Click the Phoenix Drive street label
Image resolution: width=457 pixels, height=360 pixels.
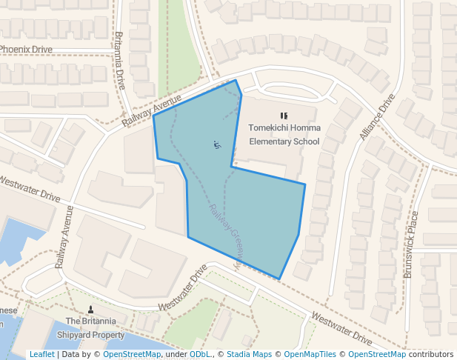pyautogui.click(x=26, y=49)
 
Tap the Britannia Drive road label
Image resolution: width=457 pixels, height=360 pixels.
pyautogui.click(x=121, y=60)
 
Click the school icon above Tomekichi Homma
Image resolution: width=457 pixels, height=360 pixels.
pyautogui.click(x=284, y=116)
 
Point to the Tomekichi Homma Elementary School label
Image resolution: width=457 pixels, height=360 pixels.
pyautogui.click(x=284, y=134)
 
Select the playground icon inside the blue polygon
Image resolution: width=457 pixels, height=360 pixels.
pyautogui.click(x=216, y=144)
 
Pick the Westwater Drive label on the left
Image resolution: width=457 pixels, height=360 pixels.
pyautogui.click(x=30, y=188)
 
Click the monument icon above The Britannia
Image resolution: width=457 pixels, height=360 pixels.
pyautogui.click(x=91, y=308)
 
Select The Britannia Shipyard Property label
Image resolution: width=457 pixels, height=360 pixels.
pyautogui.click(x=90, y=327)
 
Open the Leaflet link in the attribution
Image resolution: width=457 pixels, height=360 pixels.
pyautogui.click(x=41, y=354)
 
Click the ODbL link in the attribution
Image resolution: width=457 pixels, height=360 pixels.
pyautogui.click(x=199, y=354)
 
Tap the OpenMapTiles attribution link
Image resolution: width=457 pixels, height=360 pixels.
pyautogui.click(x=307, y=354)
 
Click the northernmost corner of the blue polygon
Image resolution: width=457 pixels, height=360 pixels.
pyautogui.click(x=236, y=80)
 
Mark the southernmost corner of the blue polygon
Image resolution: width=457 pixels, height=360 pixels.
pyautogui.click(x=279, y=279)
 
